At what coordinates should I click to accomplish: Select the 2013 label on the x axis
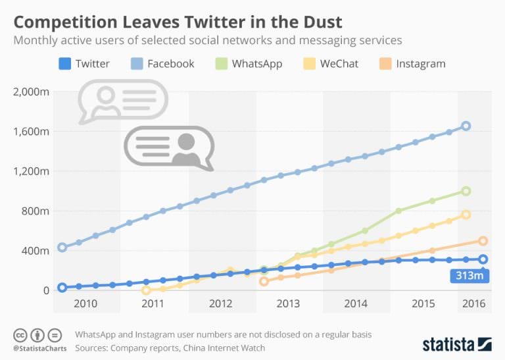tap(288, 303)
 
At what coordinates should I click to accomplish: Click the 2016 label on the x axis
tap(473, 303)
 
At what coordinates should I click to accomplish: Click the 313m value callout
tap(468, 276)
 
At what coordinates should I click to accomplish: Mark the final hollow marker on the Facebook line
tap(466, 126)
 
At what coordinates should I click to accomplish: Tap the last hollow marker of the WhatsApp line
tap(466, 191)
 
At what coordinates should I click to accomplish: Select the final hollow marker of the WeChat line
tap(466, 215)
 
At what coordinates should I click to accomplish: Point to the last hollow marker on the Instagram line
tap(483, 241)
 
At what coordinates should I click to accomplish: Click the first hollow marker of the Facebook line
tap(62, 247)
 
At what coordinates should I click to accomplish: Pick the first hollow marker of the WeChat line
tap(146, 290)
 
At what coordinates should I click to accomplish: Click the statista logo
tap(456, 344)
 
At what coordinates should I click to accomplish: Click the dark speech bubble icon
tap(170, 146)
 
